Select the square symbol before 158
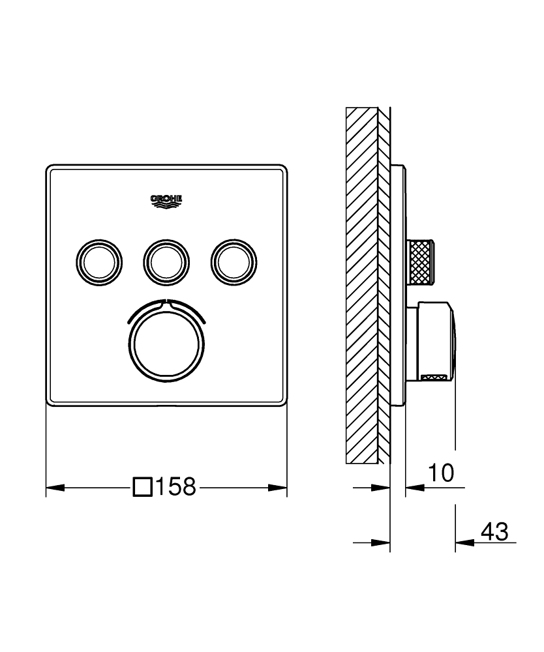pos(142,486)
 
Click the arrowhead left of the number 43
pos(463,542)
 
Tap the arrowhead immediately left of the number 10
pos(414,487)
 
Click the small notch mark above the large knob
pos(166,303)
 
